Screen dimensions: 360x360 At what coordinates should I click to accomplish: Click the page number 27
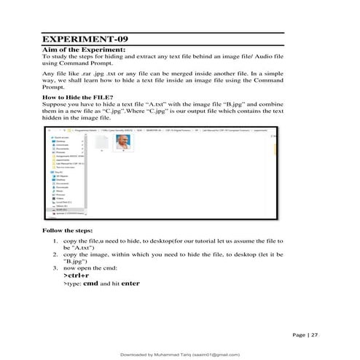[x=315, y=334]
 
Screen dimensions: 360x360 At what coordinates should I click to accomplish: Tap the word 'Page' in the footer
[x=299, y=334]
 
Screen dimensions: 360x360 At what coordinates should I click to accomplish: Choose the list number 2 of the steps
[x=56, y=254]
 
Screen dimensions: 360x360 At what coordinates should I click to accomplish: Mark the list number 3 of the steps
[x=56, y=268]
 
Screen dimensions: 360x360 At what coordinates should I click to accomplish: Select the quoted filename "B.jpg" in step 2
[x=76, y=261]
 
